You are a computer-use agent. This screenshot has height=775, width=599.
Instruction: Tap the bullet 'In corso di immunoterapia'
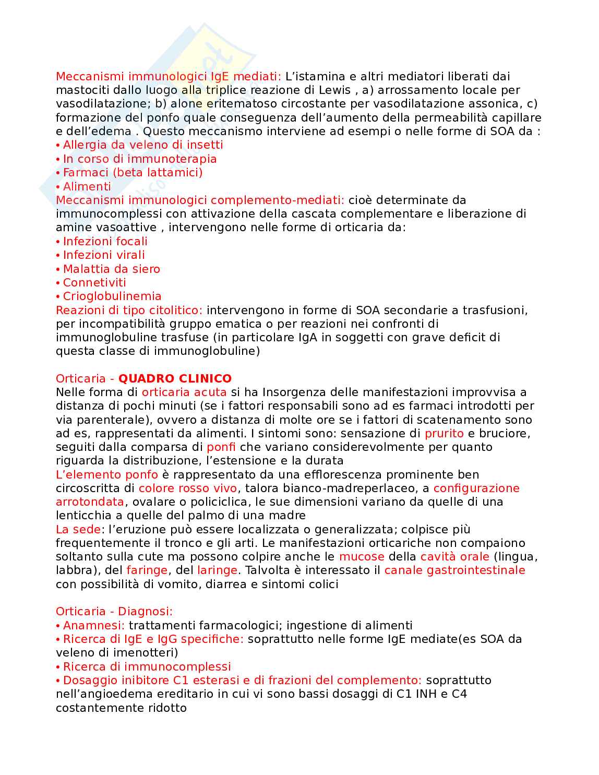tap(139, 159)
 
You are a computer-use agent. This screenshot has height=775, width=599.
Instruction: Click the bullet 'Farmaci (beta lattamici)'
tap(133, 172)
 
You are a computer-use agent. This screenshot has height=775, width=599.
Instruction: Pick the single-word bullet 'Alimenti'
tap(87, 186)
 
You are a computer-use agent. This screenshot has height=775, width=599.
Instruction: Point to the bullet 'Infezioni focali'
tap(105, 241)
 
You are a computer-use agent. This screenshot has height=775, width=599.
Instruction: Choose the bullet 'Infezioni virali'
tap(104, 255)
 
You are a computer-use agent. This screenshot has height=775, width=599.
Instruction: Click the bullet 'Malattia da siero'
tap(111, 269)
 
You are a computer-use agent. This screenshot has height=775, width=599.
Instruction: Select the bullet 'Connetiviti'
tap(94, 282)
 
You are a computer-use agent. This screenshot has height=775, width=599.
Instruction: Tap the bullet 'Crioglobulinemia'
tap(112, 296)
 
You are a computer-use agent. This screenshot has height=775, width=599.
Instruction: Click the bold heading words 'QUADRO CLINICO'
tap(175, 378)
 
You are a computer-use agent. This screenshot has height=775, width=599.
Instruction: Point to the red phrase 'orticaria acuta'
tap(184, 392)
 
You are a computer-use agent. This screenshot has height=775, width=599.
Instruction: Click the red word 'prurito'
tap(444, 433)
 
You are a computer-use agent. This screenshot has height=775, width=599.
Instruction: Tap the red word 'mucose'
tap(362, 557)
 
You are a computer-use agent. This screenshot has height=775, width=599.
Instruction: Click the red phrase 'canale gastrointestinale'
tap(454, 570)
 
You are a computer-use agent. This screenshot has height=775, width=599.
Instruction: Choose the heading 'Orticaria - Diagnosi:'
tap(114, 611)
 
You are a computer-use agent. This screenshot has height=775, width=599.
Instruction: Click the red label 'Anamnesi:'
tap(93, 625)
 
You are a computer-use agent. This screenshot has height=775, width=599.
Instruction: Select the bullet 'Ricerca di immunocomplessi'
tap(147, 666)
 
